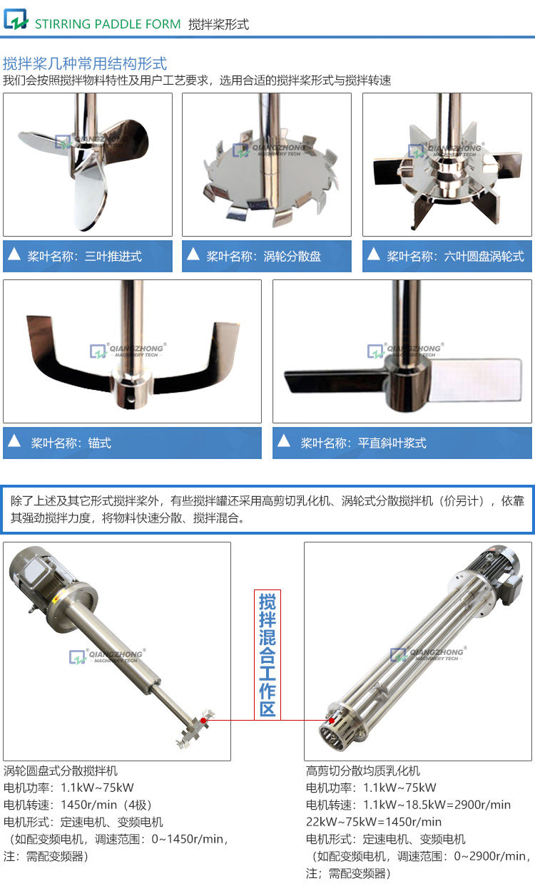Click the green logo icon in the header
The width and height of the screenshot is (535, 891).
click(15, 19)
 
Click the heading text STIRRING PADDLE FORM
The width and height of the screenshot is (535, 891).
click(108, 24)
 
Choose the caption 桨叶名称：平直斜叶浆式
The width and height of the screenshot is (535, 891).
click(363, 443)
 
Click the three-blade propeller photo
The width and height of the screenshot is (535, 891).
click(87, 164)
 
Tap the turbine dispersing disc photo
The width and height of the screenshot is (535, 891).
click(266, 164)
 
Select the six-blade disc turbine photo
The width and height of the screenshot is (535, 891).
click(447, 164)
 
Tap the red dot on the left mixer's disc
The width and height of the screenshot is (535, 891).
click(203, 721)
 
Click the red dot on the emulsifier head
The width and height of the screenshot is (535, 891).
click(330, 721)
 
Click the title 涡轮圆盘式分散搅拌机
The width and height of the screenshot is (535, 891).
click(61, 771)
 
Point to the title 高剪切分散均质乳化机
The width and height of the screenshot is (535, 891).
click(363, 771)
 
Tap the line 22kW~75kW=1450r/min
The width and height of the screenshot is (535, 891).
click(374, 822)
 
